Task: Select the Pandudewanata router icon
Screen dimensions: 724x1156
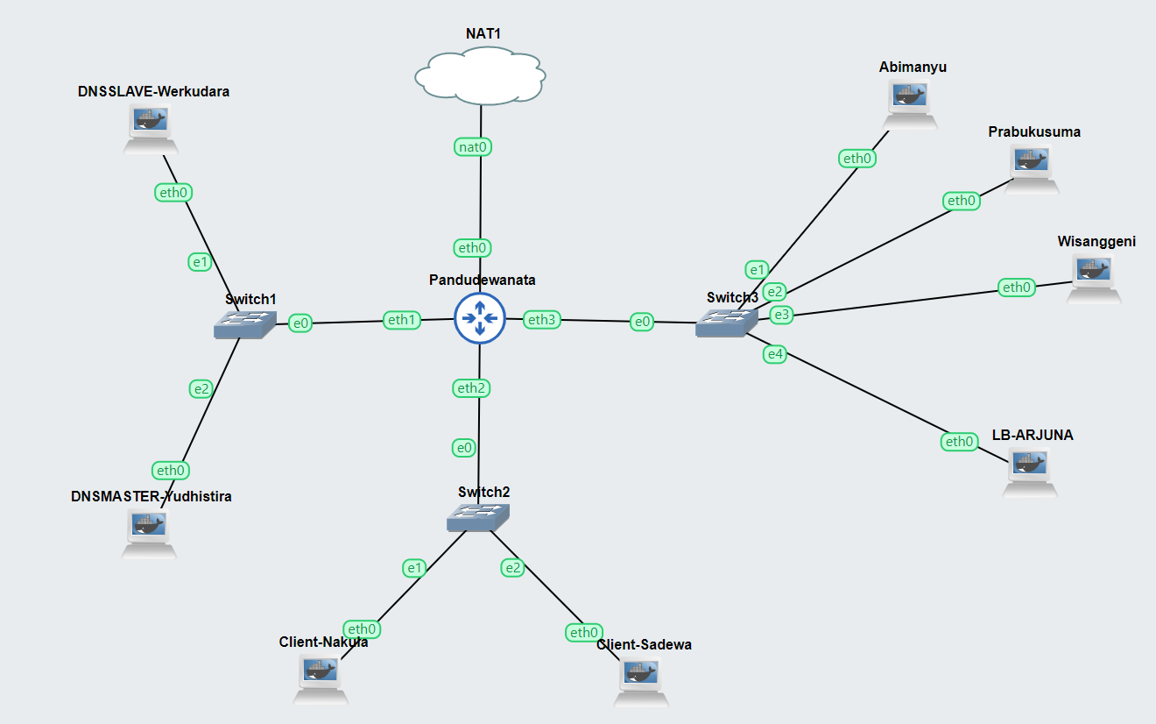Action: (x=480, y=319)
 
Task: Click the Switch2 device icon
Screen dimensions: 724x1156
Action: (x=477, y=518)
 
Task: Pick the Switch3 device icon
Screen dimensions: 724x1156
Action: (x=727, y=323)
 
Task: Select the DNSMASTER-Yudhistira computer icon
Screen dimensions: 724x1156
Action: (x=150, y=533)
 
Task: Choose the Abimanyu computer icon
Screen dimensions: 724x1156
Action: (x=911, y=103)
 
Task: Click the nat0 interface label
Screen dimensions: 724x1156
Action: (x=473, y=147)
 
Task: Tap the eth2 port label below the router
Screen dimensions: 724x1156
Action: (x=470, y=387)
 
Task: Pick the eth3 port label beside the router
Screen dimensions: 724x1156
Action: (x=541, y=320)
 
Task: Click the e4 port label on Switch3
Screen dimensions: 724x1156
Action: (x=775, y=354)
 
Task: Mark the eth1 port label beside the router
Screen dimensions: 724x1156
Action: (x=402, y=320)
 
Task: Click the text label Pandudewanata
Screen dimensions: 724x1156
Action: (x=482, y=280)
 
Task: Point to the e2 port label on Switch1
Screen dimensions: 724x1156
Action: (x=201, y=389)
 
